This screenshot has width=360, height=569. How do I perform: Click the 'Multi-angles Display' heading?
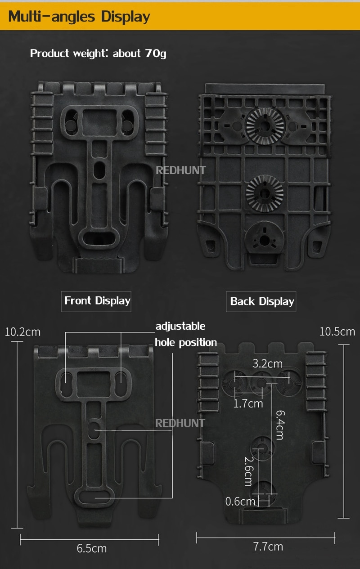click(79, 17)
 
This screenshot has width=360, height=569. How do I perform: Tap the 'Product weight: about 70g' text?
click(98, 54)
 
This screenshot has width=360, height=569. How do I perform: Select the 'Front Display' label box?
click(96, 301)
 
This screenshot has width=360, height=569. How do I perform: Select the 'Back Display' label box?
click(261, 301)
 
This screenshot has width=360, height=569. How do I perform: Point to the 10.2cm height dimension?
click(22, 332)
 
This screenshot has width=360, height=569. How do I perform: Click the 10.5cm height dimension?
click(337, 332)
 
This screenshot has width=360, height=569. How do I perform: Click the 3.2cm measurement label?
click(267, 364)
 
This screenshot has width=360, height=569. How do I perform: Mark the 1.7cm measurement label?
click(248, 403)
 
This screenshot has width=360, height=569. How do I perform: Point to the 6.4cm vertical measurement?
click(280, 425)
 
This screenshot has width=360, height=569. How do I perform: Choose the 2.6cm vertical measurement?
click(248, 471)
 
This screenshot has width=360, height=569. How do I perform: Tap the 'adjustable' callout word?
click(180, 326)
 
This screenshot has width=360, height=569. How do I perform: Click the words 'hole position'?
click(186, 342)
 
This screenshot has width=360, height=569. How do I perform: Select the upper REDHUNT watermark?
click(180, 170)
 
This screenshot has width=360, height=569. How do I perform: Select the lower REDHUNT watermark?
click(180, 423)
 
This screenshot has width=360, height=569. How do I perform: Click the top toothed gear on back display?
click(265, 126)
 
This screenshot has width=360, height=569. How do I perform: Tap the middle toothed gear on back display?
click(265, 193)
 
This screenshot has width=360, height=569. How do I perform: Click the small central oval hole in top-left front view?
click(99, 170)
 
